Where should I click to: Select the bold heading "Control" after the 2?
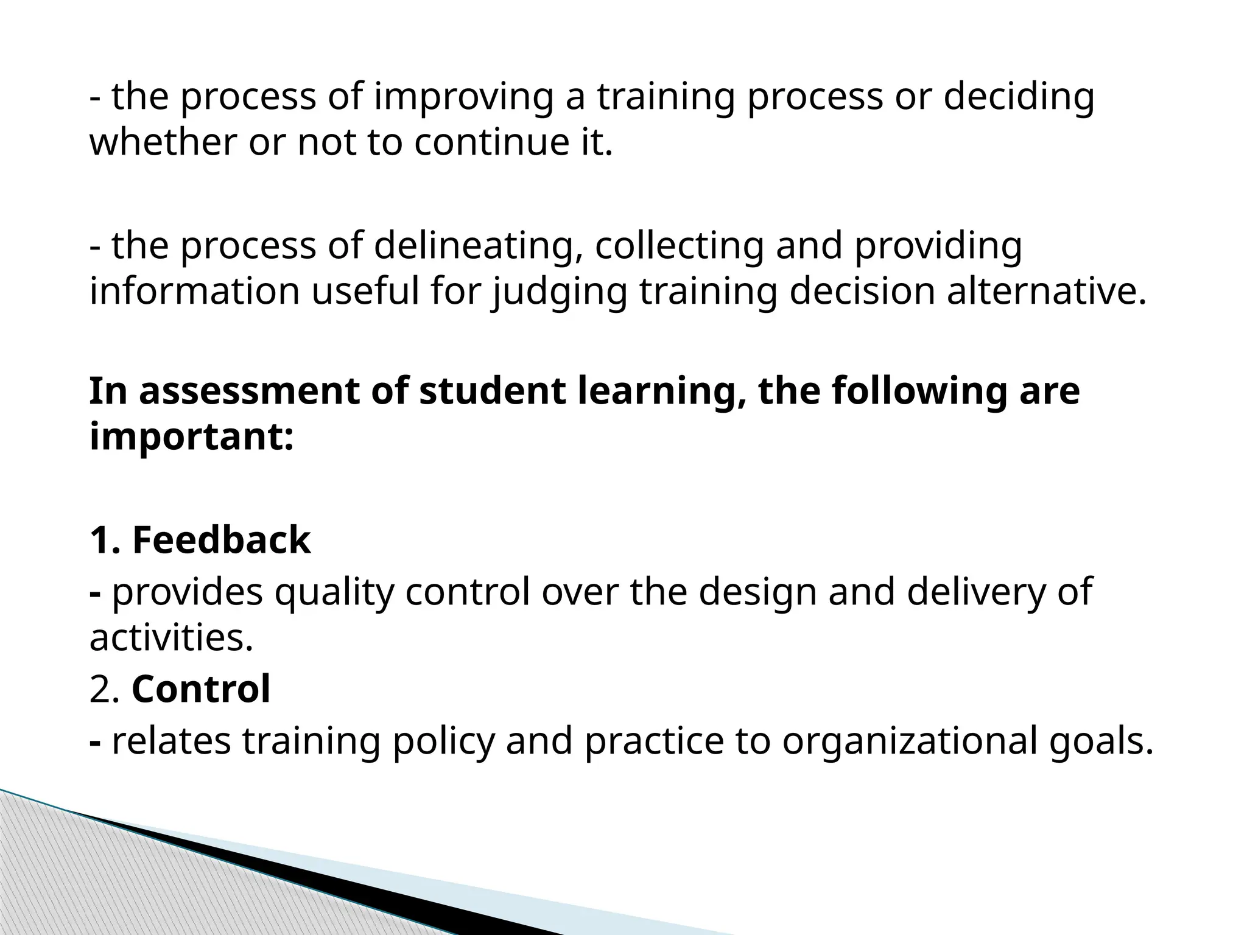pyautogui.click(x=201, y=689)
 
